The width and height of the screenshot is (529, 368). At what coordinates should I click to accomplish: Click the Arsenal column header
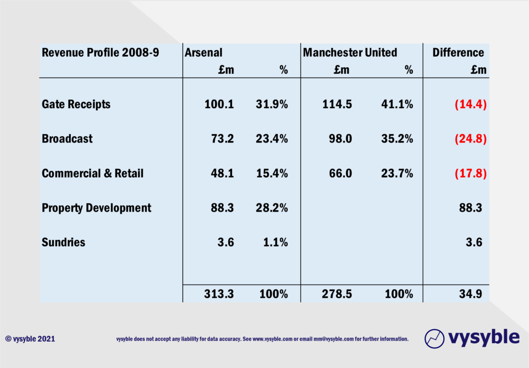[204, 53]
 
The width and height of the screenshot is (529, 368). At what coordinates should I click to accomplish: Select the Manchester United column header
[350, 53]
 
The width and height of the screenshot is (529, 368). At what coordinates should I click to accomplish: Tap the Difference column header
[458, 53]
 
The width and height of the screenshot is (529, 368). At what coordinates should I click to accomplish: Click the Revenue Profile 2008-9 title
[100, 53]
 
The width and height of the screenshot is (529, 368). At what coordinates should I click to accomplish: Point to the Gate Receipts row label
[76, 104]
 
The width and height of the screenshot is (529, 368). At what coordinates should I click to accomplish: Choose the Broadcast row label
[67, 139]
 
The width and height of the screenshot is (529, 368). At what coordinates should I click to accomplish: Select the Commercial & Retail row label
[92, 173]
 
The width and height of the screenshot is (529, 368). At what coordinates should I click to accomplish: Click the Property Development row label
[97, 208]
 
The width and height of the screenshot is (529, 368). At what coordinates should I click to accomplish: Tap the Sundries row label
[64, 242]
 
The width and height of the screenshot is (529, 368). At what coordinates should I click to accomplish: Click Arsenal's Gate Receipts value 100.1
[219, 104]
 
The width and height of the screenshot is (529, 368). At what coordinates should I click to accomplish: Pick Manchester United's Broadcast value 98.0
[341, 139]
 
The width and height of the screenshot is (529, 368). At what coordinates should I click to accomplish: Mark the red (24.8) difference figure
[471, 139]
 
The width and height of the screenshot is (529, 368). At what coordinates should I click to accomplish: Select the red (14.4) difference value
[471, 104]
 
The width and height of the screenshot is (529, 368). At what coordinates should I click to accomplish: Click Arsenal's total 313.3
[219, 294]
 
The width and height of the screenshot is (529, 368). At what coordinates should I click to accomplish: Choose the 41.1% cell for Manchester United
[399, 104]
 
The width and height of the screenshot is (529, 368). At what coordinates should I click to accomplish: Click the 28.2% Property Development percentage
[272, 208]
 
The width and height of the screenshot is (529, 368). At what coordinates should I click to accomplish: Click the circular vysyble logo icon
[434, 338]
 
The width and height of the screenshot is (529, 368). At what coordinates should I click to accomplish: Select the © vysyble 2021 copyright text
[30, 339]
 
